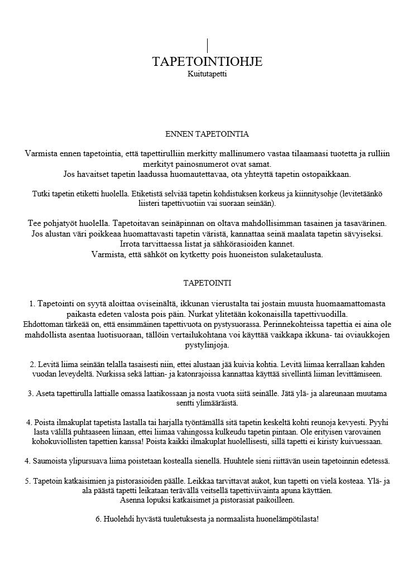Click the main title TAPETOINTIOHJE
pos(207,61)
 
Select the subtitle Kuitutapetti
pos(207,73)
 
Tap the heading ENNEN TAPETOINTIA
pos(207,134)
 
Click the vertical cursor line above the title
pos(207,45)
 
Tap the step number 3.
pos(31,393)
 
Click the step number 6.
pos(98,519)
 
